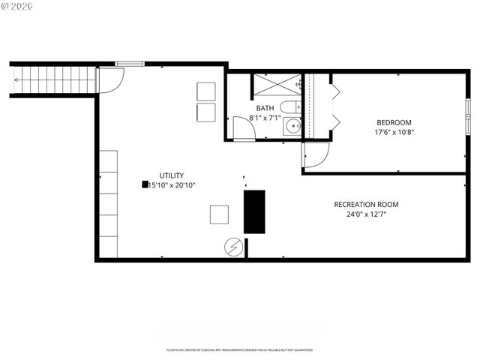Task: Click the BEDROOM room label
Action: (x=394, y=122)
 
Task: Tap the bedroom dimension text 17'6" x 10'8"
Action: (x=394, y=132)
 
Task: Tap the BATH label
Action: (x=265, y=108)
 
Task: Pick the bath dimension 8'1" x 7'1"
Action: (x=265, y=118)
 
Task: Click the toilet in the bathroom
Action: (x=289, y=107)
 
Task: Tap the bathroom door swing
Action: (x=243, y=129)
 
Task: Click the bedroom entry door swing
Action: (x=315, y=154)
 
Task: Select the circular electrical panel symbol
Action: (x=232, y=246)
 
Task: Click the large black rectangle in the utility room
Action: (x=254, y=211)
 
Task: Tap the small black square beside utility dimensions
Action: (x=144, y=184)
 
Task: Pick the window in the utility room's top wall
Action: (x=130, y=64)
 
